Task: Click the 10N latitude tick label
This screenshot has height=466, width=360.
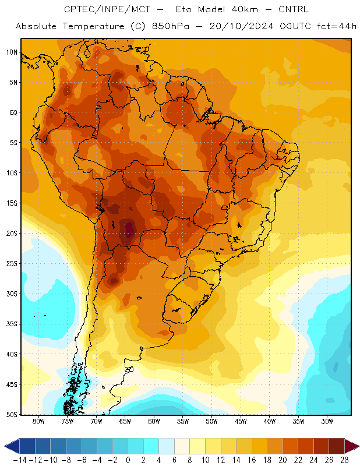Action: click(12, 52)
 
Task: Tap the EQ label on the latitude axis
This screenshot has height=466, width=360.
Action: click(13, 112)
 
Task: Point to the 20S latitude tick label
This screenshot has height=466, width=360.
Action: click(12, 234)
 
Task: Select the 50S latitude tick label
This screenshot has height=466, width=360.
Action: click(12, 414)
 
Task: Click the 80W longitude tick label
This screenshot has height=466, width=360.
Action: click(38, 421)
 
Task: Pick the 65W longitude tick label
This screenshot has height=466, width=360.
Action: click(125, 421)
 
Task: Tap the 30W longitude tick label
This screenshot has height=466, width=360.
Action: click(327, 421)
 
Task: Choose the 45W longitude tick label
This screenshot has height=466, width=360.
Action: click(241, 421)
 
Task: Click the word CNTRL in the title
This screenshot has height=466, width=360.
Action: click(294, 9)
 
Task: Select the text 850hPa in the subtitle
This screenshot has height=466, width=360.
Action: click(171, 26)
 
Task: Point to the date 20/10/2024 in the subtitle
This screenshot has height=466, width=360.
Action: click(241, 26)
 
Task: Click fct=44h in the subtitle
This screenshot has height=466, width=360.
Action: click(337, 26)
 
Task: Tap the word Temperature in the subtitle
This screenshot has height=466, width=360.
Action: click(93, 26)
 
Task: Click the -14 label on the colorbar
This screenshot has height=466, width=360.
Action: click(20, 460)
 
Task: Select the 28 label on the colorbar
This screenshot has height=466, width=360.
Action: click(344, 460)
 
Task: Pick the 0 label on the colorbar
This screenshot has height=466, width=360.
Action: click(128, 460)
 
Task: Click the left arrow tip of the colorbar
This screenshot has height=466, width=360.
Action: click(5, 446)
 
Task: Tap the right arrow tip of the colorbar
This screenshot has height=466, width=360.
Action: click(359, 446)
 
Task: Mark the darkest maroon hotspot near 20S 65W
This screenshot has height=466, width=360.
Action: click(129, 229)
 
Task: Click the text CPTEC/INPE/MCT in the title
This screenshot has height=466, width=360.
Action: click(107, 9)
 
